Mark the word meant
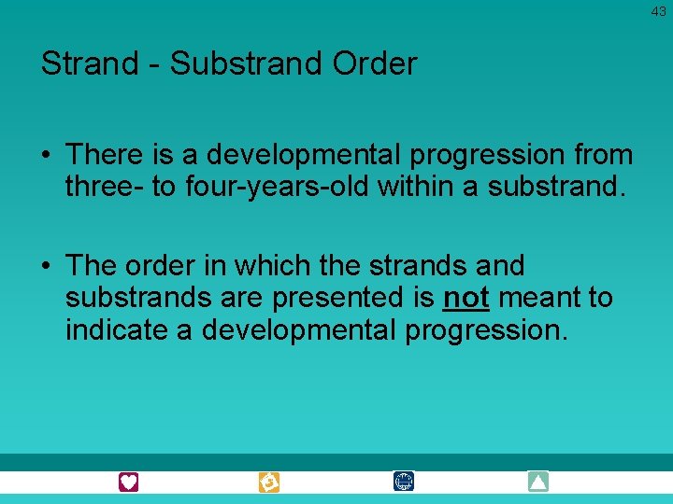tap(536, 299)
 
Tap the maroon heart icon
tap(129, 482)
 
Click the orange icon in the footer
tap(269, 482)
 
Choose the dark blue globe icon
tap(404, 482)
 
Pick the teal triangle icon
tap(537, 482)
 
